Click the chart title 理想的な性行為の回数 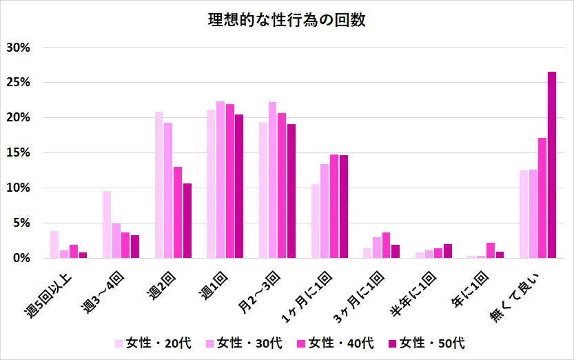tap(287, 20)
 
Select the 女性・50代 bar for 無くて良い tap(552, 165)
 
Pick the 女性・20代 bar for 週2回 tap(159, 185)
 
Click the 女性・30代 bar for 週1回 tap(221, 180)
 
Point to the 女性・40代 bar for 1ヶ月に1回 tap(334, 206)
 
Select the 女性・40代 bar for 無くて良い tap(542, 198)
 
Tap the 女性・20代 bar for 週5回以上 tap(54, 245)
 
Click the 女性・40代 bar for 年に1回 tap(490, 250)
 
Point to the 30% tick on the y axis tap(18, 48)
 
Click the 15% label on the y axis tap(18, 153)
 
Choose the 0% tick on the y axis tap(21, 258)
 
